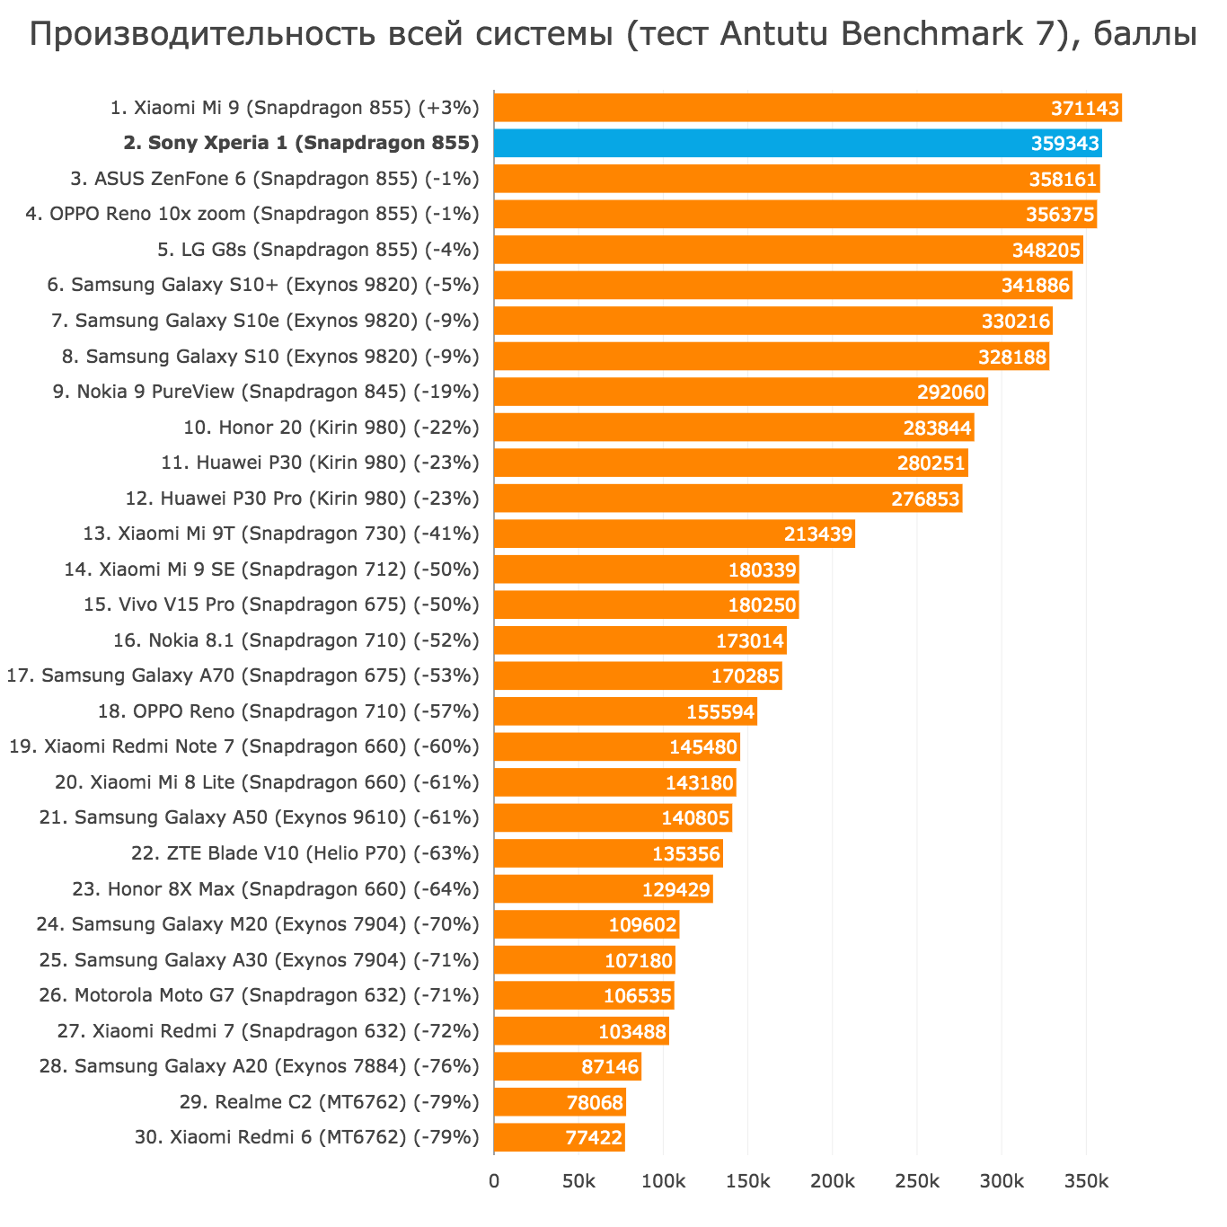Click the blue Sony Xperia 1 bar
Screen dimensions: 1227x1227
pos(798,144)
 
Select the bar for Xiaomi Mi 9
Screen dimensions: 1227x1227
pos(808,108)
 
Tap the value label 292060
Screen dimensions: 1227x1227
pos(951,393)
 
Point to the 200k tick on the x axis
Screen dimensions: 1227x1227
pos(832,1180)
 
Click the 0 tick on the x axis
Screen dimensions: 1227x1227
pos(494,1180)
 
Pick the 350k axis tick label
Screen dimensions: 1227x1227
pos(1085,1180)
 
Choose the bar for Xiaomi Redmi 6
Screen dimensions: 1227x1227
pos(559,1137)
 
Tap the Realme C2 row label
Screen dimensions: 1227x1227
pos(342,1101)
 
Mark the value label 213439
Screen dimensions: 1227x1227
pos(817,534)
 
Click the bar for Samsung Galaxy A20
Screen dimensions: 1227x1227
pos(567,1066)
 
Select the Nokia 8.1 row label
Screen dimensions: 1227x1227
pos(296,640)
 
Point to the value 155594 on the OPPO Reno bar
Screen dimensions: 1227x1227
pos(720,712)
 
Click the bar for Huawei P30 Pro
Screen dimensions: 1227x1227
pos(728,499)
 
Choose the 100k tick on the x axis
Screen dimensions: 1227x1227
pos(663,1180)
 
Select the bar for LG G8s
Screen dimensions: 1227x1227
pos(788,250)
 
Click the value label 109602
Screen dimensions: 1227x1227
pos(642,925)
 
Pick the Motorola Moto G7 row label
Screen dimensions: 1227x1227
pos(259,995)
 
